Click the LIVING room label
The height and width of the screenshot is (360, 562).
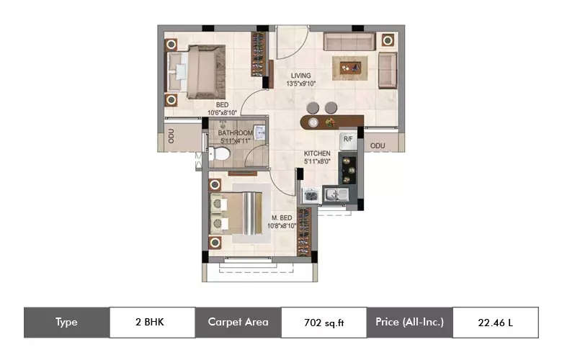click(x=300, y=76)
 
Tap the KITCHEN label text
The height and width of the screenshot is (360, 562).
click(x=317, y=153)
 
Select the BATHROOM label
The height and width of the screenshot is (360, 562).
click(x=236, y=133)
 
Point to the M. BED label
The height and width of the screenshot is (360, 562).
click(x=282, y=217)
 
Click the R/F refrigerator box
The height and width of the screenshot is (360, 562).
click(x=348, y=141)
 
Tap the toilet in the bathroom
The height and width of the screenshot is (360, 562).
click(x=219, y=154)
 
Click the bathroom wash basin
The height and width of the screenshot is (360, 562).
click(x=259, y=132)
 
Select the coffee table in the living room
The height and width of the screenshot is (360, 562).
click(x=351, y=68)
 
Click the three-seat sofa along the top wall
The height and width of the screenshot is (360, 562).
click(x=349, y=42)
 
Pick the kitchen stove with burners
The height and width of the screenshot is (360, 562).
click(x=348, y=170)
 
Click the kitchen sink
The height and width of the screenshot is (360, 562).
click(x=336, y=195)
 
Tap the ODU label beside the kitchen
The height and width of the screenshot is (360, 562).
click(x=378, y=145)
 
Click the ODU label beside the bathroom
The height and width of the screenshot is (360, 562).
click(x=171, y=136)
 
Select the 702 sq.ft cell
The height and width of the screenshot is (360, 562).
click(x=324, y=323)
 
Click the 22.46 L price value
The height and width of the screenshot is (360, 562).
click(x=495, y=323)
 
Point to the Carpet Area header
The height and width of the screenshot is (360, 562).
click(x=238, y=322)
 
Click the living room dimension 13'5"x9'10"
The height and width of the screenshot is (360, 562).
click(x=301, y=84)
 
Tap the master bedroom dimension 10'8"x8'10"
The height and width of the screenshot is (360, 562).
click(x=282, y=225)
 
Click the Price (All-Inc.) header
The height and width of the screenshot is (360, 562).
click(x=410, y=322)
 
